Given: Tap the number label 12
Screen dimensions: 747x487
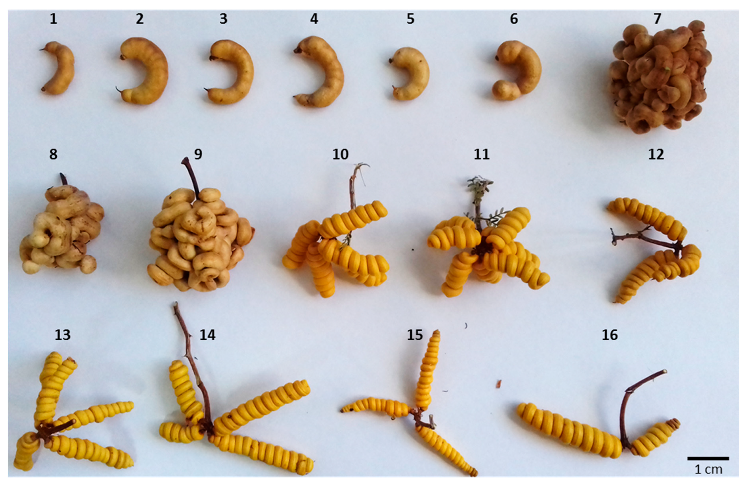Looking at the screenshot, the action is pos(656,155).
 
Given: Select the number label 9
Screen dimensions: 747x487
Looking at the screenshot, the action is pos(198,155).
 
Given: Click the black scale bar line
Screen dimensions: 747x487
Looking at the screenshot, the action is pos(708,458).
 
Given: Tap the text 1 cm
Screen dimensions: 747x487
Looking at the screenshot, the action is pos(708,469).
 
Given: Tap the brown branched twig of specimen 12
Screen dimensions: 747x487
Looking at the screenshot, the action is pos(647,240).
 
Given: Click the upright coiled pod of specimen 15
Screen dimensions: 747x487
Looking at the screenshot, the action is pos(428,370).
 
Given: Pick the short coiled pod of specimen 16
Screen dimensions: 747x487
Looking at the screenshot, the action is pos(654,437).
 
